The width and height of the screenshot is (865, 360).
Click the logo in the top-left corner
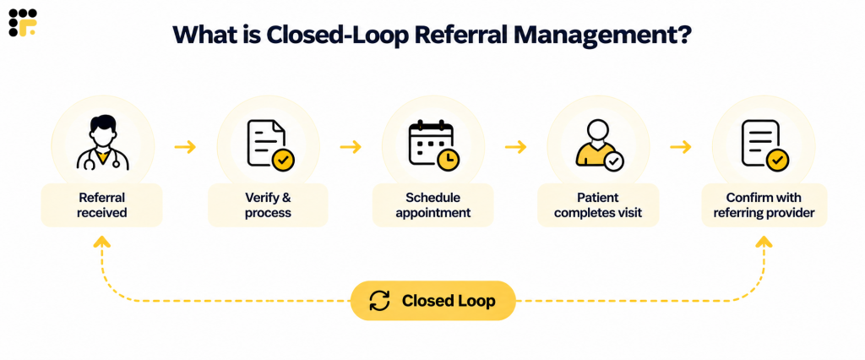pos(23,23)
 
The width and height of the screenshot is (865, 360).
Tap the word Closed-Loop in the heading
pos(336,35)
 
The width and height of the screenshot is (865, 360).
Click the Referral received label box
pos(102,205)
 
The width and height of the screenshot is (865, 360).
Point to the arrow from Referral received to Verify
pos(185,147)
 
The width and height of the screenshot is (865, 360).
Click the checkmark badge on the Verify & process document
pos(284,160)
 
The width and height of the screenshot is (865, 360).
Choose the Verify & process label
pos(268,205)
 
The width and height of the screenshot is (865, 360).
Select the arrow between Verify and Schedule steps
pos(351,147)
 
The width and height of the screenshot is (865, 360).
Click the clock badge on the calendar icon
pos(449,159)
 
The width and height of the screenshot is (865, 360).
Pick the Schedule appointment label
pos(433,205)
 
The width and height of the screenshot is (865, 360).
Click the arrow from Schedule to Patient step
pos(516,147)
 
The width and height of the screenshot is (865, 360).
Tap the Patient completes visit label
pos(598,205)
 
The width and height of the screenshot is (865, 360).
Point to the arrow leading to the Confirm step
pos(681,147)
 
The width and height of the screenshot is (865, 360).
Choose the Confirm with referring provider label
pos(764,205)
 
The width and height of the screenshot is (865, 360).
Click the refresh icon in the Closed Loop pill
pos(379,301)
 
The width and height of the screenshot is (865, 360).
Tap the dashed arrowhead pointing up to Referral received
pos(102,241)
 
